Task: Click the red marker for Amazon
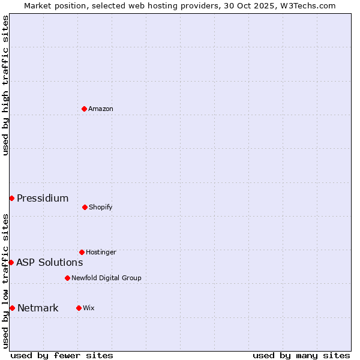[x=84, y=109]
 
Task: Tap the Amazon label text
[x=101, y=109]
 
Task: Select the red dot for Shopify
[x=85, y=207]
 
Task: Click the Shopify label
[x=100, y=207]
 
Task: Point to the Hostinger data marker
[x=82, y=252]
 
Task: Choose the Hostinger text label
[x=101, y=252]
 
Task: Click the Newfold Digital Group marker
[x=67, y=278]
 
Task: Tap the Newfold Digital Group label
[x=106, y=278]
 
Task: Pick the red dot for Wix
[x=79, y=308]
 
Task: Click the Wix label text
[x=89, y=308]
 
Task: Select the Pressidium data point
[x=11, y=198]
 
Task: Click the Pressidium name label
[x=43, y=198]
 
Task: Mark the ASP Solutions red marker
[x=11, y=262]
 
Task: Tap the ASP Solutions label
[x=49, y=262]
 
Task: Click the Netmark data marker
[x=12, y=308]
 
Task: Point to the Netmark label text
[x=38, y=308]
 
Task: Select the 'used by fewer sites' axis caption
[x=62, y=355]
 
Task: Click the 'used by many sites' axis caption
[x=301, y=355]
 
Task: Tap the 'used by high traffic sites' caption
[x=5, y=85]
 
